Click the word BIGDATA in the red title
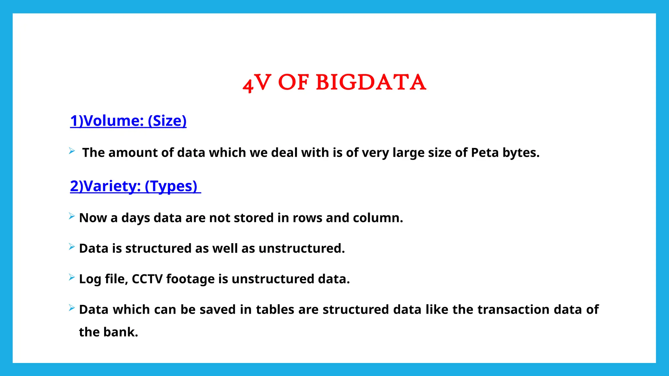pos(371,82)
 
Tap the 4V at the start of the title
pos(257,83)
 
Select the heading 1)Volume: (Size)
pos(128,121)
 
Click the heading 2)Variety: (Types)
pos(134,186)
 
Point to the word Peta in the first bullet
pos(485,153)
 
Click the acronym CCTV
pos(147,279)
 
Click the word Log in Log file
pos(90,279)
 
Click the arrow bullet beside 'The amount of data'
pos(72,151)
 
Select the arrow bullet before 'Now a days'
pos(72,216)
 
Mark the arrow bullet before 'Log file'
pos(72,277)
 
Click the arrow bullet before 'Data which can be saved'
pos(72,308)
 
